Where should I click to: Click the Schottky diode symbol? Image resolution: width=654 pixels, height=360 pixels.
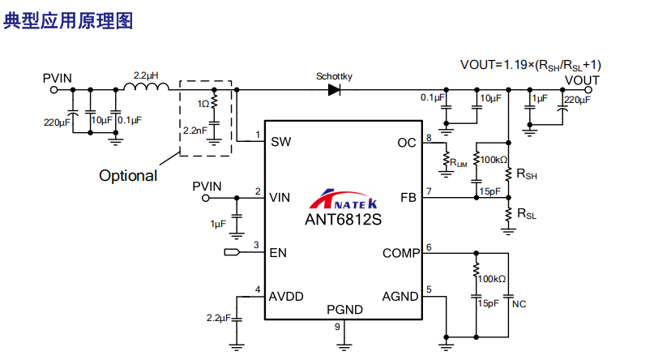(x=334, y=90)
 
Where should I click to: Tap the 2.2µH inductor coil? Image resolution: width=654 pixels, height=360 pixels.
(x=147, y=86)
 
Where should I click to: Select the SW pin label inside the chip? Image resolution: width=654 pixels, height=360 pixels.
(x=280, y=142)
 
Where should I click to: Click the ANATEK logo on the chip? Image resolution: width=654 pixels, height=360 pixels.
(x=344, y=199)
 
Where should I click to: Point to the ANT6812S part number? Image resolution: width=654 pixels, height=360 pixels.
(x=343, y=220)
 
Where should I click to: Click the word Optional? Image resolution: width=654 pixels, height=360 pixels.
(x=128, y=176)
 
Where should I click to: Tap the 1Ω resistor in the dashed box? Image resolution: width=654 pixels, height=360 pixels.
(x=215, y=102)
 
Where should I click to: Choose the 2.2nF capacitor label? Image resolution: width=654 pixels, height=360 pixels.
(x=194, y=131)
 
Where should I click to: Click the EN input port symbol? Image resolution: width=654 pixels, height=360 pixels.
(x=232, y=252)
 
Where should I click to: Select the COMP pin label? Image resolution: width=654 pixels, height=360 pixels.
(x=401, y=253)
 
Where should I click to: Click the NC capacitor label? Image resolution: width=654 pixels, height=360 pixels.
(x=519, y=304)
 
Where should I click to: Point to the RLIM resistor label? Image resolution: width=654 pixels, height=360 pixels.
(x=459, y=163)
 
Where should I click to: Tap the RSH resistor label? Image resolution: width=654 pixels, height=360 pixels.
(x=527, y=174)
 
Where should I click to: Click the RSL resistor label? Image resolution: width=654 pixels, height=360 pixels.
(x=527, y=213)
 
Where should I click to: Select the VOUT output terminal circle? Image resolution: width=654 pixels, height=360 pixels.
(x=588, y=90)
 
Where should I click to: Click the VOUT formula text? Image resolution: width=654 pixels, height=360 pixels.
(x=531, y=65)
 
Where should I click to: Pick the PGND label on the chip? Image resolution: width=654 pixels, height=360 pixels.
(x=344, y=310)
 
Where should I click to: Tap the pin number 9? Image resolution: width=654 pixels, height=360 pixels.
(x=337, y=327)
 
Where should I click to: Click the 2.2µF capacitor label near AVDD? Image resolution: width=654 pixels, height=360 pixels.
(x=219, y=318)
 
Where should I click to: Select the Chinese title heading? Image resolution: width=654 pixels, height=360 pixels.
(x=68, y=21)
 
